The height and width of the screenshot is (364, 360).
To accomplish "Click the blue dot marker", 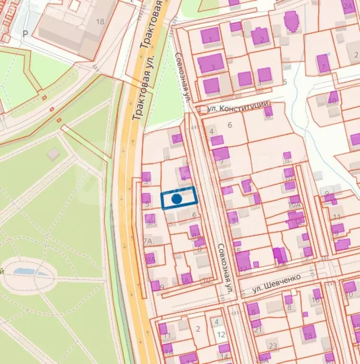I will click(176, 199).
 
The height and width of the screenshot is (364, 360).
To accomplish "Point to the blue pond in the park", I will click(31, 272).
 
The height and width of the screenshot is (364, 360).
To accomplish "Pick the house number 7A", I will click(148, 241).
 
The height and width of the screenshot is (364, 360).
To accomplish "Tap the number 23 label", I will click(273, 346).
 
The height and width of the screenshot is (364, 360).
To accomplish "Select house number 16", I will click(315, 300).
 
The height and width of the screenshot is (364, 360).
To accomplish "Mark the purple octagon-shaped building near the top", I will click(291, 21).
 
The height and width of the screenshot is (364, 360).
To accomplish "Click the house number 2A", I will click(348, 7).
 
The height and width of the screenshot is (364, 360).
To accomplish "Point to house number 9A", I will click(150, 259).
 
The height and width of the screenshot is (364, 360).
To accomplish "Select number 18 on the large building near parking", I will click(100, 22).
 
